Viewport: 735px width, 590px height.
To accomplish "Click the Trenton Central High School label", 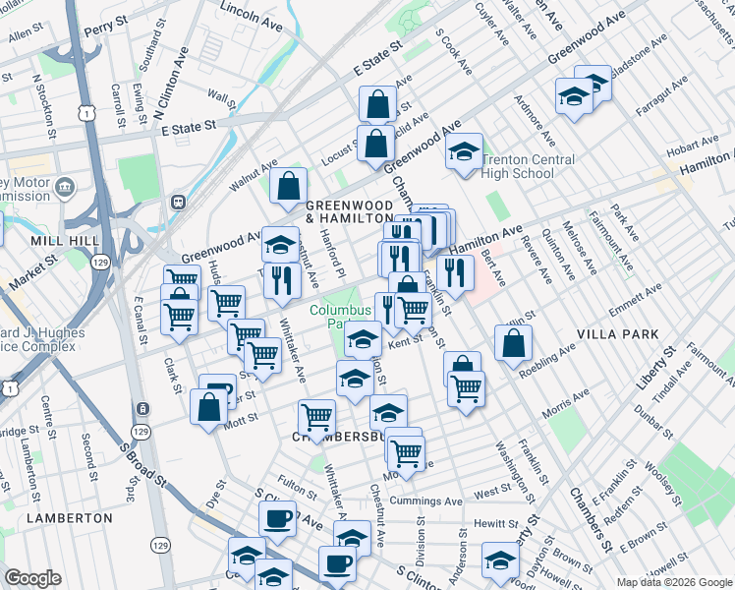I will coord(518,167).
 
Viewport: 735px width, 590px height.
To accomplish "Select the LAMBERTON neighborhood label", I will coord(71,517).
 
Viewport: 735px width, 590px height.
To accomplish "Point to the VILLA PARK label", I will coord(619,334).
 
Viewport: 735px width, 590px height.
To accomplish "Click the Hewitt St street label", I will coord(494,524).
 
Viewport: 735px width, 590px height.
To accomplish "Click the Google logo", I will coord(32,578).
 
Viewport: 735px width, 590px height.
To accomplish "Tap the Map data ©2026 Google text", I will coord(674,582).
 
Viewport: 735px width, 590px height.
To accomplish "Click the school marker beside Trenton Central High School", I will coord(465,152).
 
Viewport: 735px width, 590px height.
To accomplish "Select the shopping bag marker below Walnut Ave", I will coord(289,186).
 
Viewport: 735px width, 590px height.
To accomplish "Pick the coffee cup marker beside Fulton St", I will coord(278,519).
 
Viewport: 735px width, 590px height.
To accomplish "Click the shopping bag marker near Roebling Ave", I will coord(513,344).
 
